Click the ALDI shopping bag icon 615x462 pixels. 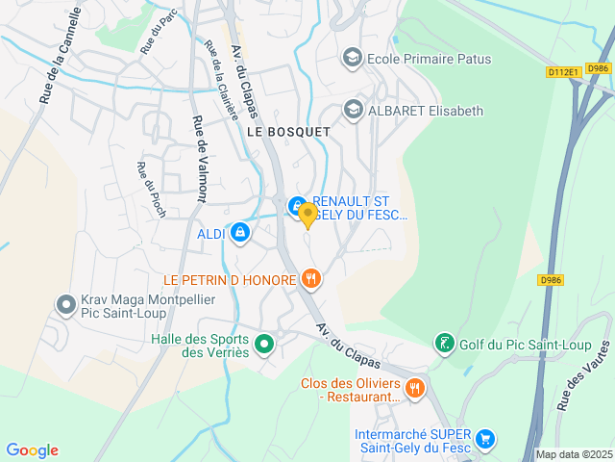tap(239, 233)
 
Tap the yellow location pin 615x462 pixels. tap(307, 215)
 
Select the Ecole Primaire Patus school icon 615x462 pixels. tap(353, 59)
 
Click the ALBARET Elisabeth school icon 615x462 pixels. tap(353, 111)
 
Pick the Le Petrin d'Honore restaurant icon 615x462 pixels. tap(309, 280)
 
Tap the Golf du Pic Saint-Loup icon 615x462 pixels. tap(443, 343)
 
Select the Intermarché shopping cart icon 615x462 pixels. tap(485, 439)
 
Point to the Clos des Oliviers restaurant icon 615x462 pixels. tap(414, 388)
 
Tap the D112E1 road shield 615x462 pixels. tap(563, 72)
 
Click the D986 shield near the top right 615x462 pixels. tap(599, 68)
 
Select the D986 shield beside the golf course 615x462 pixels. tap(551, 280)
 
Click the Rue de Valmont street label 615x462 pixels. tap(200, 159)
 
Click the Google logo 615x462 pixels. tap(32, 450)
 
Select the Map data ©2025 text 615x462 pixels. tap(574, 454)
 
